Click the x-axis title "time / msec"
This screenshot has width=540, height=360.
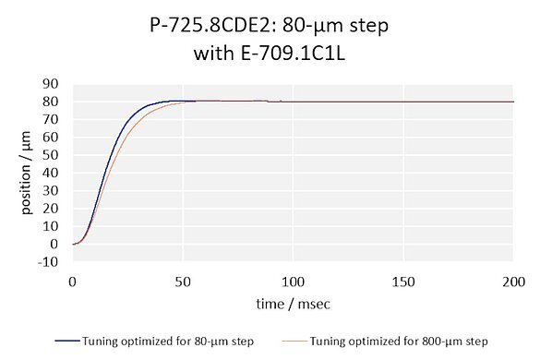click(x=293, y=302)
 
